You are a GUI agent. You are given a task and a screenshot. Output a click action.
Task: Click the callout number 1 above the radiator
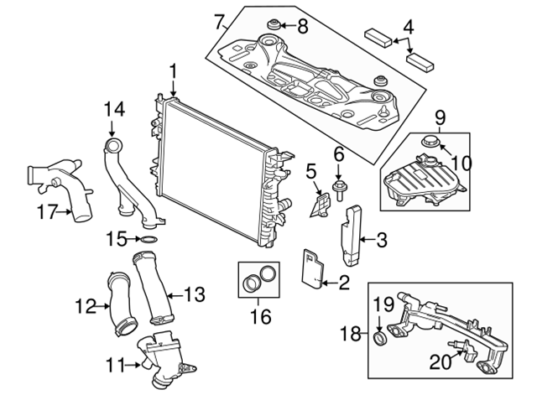tap(173, 72)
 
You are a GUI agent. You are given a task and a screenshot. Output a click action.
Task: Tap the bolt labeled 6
tap(338, 190)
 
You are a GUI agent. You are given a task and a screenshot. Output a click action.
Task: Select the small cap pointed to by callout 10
tap(428, 140)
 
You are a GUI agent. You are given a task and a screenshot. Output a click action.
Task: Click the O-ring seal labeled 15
tap(149, 240)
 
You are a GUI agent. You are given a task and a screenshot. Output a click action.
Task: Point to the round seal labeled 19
tap(379, 338)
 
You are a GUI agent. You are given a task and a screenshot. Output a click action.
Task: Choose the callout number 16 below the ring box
tap(261, 316)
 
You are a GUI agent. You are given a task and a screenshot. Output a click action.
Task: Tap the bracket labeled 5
tap(321, 205)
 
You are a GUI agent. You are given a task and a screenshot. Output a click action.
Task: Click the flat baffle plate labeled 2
tap(312, 269)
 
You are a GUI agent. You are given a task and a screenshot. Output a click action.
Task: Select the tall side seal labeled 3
tap(351, 235)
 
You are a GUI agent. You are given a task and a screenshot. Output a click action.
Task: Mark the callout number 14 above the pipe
tap(115, 109)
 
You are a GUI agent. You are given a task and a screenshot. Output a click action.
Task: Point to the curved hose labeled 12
tap(122, 303)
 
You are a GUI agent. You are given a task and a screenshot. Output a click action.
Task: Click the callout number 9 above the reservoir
tap(440, 117)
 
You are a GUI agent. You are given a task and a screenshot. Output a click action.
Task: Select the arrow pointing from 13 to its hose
tap(175, 294)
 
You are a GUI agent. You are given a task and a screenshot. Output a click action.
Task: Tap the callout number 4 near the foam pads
tap(408, 28)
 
